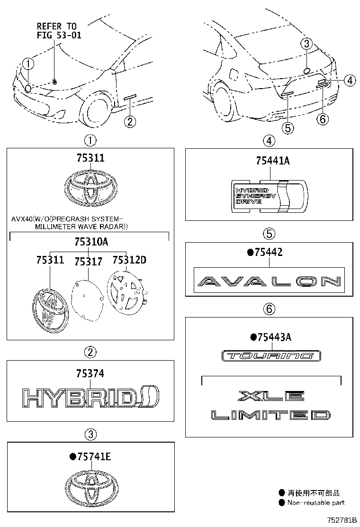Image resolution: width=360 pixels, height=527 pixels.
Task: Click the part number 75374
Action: click(x=90, y=374)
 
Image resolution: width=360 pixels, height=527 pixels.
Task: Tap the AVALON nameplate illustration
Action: click(x=269, y=282)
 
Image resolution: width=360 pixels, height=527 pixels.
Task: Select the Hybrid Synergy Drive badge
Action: click(x=269, y=195)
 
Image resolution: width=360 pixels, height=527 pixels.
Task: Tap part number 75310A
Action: click(x=90, y=242)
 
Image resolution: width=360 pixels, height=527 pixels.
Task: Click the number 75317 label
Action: click(x=88, y=262)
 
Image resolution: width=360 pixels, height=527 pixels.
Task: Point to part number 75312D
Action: click(x=129, y=260)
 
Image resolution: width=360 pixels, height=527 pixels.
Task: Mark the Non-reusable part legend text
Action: click(x=315, y=503)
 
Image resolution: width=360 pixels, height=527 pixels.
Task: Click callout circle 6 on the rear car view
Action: click(x=322, y=119)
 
